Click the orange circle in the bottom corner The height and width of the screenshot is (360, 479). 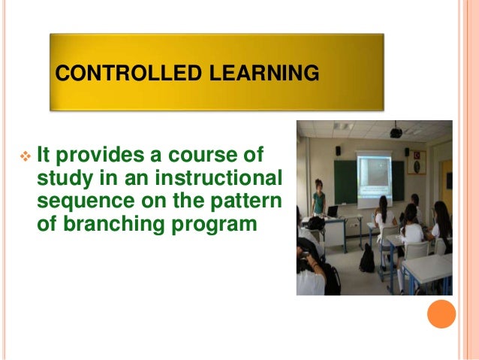point(441,313)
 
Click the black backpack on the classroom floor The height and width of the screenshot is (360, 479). point(366,259)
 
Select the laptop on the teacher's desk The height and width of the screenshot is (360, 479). point(333,210)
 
